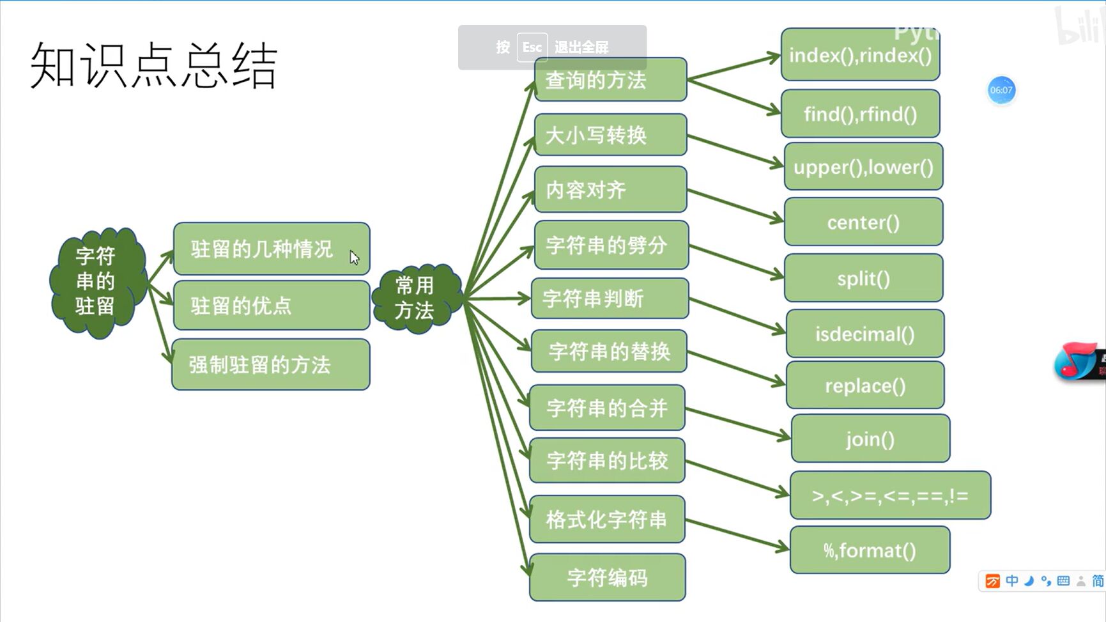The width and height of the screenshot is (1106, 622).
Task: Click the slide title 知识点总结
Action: [x=153, y=66]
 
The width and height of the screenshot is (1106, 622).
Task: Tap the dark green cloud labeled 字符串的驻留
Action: [x=96, y=281]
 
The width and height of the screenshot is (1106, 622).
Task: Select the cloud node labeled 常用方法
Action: [x=415, y=298]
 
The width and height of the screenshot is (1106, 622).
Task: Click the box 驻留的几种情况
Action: [x=271, y=249]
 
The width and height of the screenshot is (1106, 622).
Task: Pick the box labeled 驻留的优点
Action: [x=271, y=306]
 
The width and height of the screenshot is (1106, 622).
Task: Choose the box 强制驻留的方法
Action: [x=271, y=364]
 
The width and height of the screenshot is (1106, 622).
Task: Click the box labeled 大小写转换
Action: [x=610, y=135]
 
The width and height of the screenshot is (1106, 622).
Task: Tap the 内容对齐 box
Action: [x=610, y=189]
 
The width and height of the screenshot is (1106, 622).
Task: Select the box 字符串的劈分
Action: [x=611, y=245]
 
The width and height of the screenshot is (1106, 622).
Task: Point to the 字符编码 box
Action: [x=608, y=577]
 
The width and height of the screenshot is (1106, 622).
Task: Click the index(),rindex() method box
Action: [x=860, y=56]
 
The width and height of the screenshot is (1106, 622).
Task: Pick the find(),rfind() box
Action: [x=860, y=114]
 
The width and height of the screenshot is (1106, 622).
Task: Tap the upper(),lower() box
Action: [x=863, y=167]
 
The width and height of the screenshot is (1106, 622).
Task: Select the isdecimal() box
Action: [x=865, y=334]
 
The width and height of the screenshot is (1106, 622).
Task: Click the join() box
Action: [x=870, y=439]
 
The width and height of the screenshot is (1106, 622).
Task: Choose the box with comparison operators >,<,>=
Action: [x=890, y=495]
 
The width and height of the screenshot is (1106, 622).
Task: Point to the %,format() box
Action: [x=870, y=550]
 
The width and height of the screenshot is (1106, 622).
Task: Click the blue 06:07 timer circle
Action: [x=1001, y=90]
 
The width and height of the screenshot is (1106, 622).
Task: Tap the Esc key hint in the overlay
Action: [x=532, y=47]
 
